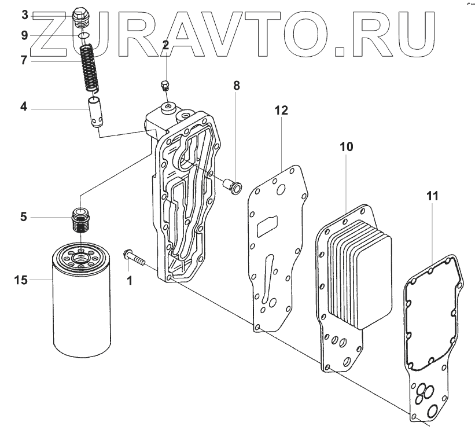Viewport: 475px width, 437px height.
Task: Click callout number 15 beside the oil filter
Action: tap(22, 281)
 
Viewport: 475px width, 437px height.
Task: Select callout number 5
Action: tap(23, 218)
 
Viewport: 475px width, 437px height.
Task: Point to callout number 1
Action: tap(130, 281)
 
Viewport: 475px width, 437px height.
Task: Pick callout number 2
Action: tap(165, 45)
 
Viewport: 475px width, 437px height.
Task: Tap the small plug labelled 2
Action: tap(165, 87)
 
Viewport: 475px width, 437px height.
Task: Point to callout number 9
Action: tap(24, 36)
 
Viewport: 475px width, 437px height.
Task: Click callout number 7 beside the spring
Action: tap(24, 60)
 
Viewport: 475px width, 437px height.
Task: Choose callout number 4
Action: tap(24, 107)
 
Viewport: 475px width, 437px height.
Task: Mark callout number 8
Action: tap(236, 86)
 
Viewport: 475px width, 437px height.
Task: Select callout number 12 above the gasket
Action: tap(281, 110)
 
